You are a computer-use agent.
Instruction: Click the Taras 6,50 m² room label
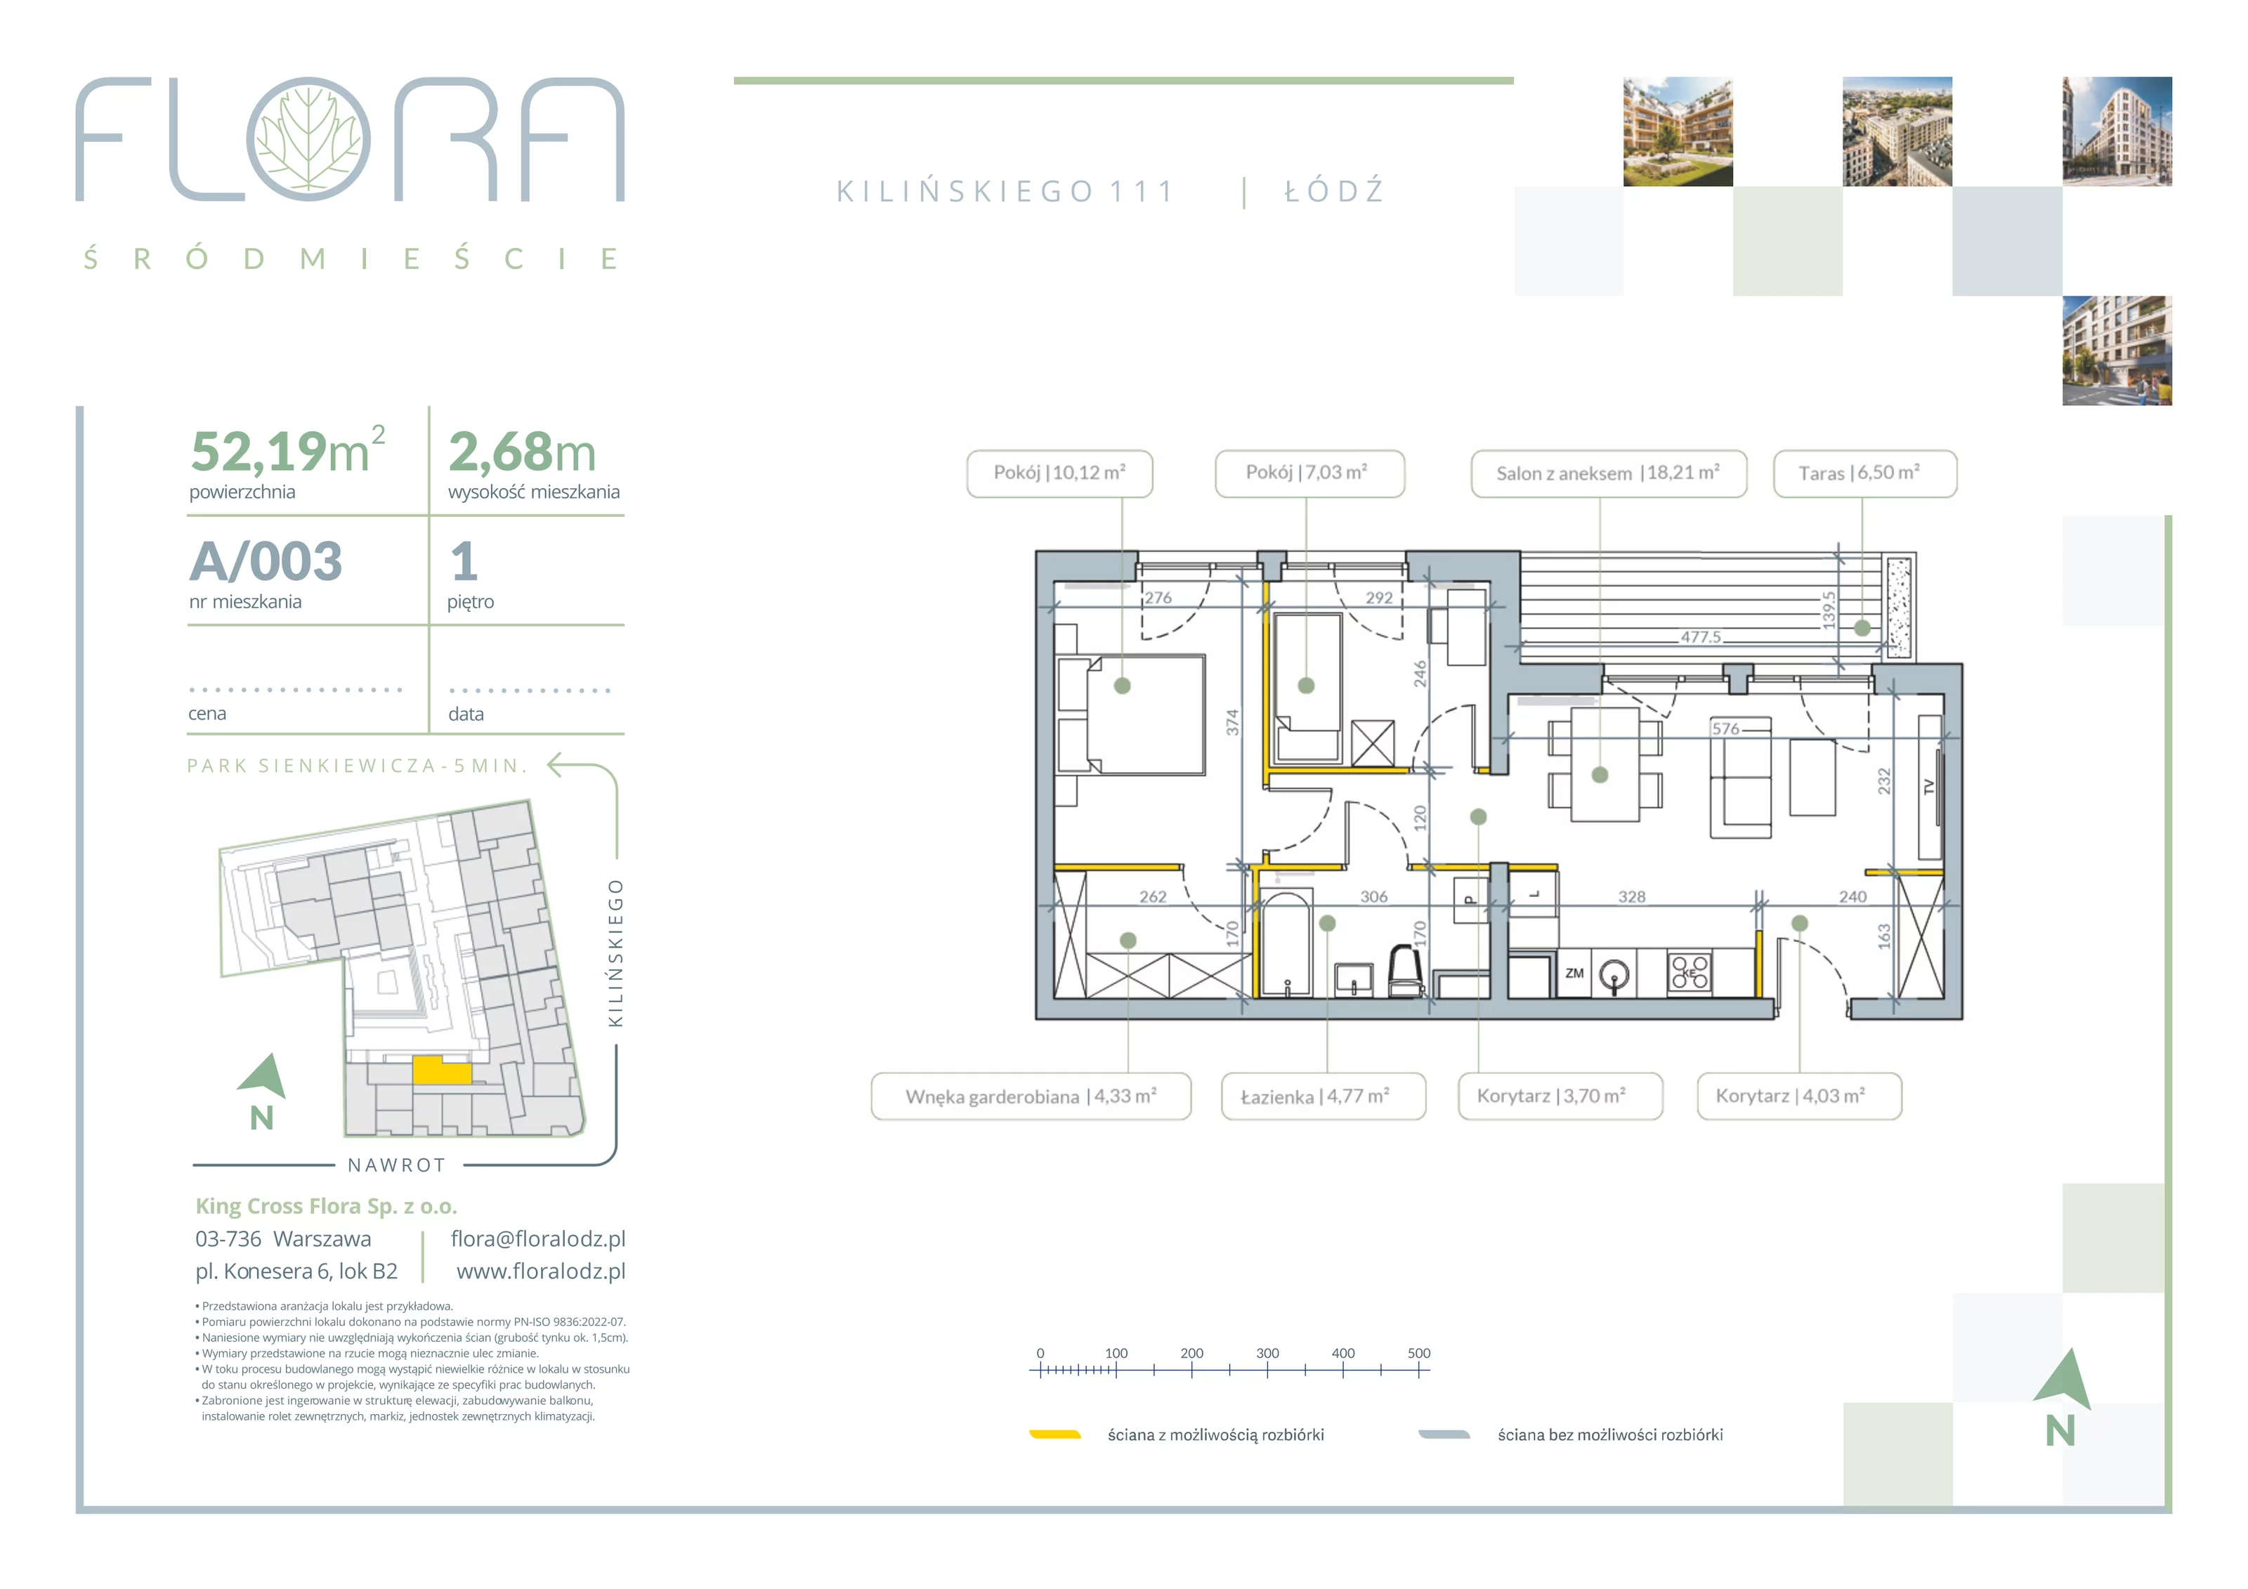(x=1864, y=474)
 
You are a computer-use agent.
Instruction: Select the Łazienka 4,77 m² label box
(x=1323, y=1097)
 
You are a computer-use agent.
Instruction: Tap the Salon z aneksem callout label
(x=1608, y=474)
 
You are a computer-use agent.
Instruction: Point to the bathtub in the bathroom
(x=1286, y=944)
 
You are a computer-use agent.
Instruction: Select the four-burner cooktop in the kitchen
(x=1689, y=972)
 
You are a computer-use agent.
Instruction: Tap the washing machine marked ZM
(x=1574, y=973)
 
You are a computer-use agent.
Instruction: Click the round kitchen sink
(x=1614, y=974)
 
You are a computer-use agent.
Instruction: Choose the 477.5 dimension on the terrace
(x=1701, y=637)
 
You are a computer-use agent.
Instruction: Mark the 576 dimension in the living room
(x=1725, y=728)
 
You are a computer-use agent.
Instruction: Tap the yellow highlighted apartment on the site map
(x=442, y=1069)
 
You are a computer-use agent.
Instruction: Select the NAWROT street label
(x=396, y=1165)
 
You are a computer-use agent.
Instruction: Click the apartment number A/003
(x=266, y=561)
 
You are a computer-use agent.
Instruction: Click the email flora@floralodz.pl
(x=537, y=1238)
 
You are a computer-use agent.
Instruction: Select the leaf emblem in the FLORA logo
(x=308, y=139)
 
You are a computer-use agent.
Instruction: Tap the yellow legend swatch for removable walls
(x=1054, y=1434)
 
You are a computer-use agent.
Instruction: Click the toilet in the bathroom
(x=1406, y=972)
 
